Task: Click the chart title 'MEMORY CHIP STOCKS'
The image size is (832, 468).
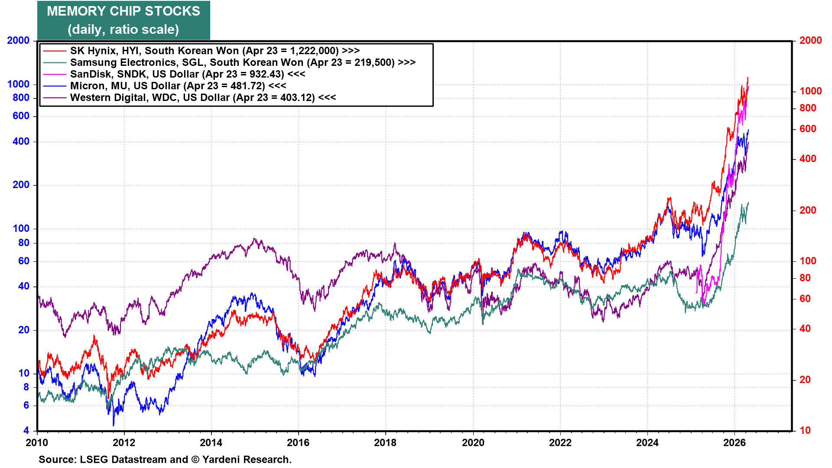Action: coord(123,11)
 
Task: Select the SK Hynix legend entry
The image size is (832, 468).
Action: coord(214,51)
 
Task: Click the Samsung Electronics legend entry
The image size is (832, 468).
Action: coord(243,62)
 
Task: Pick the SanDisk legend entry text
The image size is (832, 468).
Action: coord(187,74)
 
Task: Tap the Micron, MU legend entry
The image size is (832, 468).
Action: coord(178,86)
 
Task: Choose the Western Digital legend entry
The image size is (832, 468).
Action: coord(203,97)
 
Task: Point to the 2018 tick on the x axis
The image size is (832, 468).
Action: coord(385,442)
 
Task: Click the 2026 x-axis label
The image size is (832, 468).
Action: coord(734,442)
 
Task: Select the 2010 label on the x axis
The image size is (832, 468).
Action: coord(37,442)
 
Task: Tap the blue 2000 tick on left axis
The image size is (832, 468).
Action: coord(18,40)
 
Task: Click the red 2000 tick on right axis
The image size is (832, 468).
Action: coord(810,40)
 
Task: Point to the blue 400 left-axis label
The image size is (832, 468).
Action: coord(21,141)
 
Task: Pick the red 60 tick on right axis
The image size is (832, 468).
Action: coord(805,299)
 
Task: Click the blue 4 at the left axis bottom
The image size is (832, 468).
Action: coord(26,430)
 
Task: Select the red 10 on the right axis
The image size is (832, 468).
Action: coord(805,430)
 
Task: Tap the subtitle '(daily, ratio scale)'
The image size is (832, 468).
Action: coord(123,29)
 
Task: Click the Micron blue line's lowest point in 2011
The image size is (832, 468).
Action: coord(114,425)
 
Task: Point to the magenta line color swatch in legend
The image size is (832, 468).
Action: coord(55,74)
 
